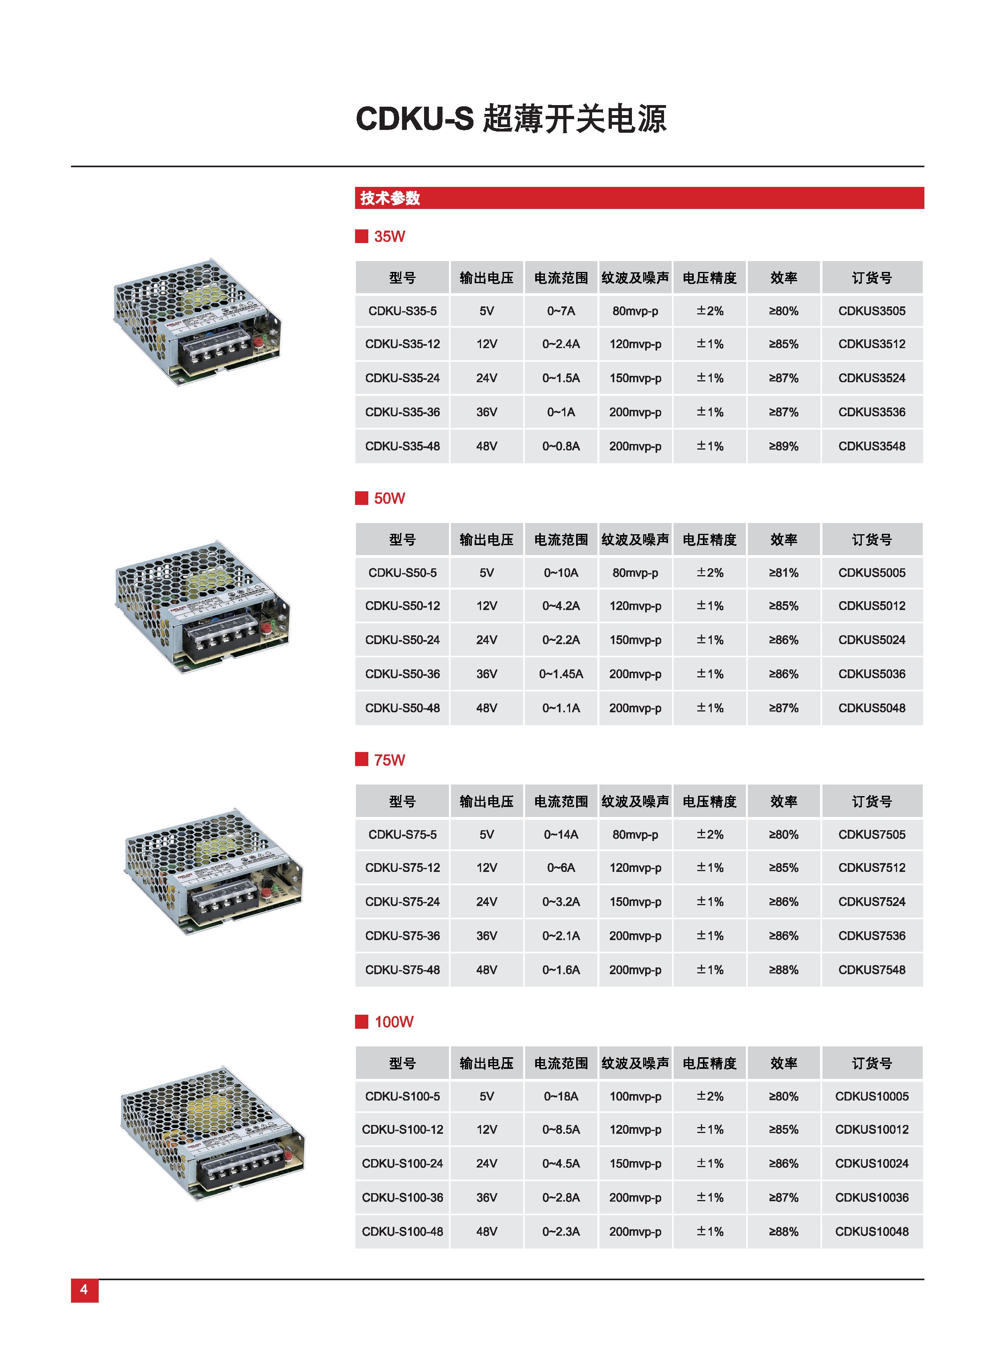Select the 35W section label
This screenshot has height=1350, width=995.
(x=389, y=236)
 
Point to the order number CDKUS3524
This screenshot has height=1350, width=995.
(x=871, y=378)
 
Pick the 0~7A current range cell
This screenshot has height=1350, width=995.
(x=561, y=311)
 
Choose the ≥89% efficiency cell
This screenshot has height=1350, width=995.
(x=783, y=446)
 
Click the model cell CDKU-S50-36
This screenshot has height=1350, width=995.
(x=402, y=674)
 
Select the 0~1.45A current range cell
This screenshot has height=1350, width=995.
(x=561, y=674)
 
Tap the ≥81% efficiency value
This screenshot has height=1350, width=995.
(x=783, y=573)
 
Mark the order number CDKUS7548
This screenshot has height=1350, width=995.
(x=871, y=969)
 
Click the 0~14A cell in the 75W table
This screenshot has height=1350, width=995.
(x=561, y=835)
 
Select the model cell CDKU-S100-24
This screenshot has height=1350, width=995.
(x=402, y=1164)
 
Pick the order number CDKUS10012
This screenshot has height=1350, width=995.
(x=871, y=1130)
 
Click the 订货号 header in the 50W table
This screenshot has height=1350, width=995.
(x=871, y=539)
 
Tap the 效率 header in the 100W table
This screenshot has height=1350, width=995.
(x=783, y=1063)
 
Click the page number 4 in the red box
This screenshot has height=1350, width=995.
(x=84, y=1289)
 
